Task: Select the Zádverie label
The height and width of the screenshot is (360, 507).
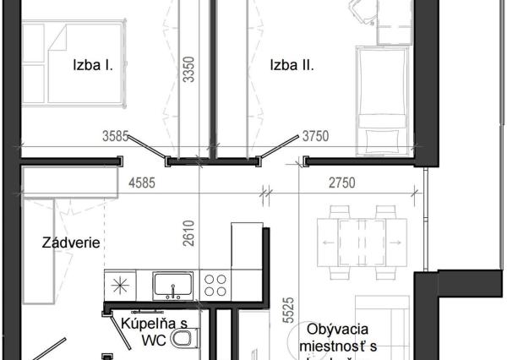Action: coord(72,243)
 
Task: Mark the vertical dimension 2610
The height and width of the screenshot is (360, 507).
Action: coord(189,232)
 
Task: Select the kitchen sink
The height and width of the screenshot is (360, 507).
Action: coord(172,284)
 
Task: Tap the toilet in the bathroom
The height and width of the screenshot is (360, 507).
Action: coord(182,340)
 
